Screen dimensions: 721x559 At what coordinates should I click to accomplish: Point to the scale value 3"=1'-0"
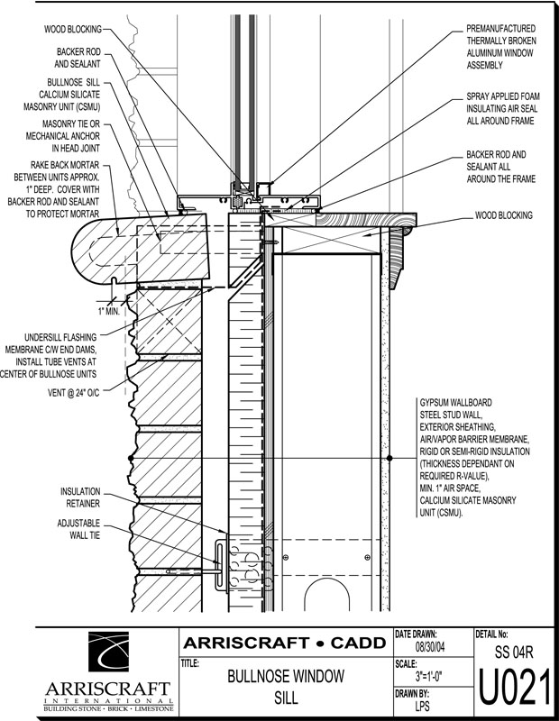[x=430, y=674]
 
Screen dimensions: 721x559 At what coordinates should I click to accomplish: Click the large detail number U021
[x=514, y=690]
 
